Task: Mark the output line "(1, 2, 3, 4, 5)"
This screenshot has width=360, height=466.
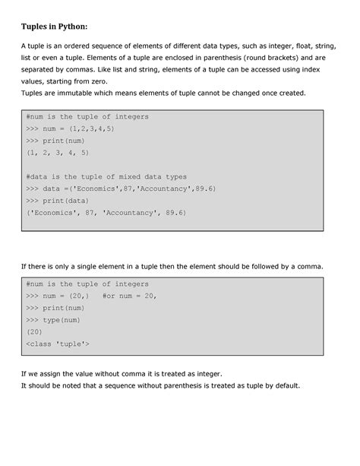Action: click(57, 151)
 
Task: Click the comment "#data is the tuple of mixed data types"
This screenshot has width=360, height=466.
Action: click(106, 176)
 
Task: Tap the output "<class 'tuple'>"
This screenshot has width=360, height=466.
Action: click(57, 344)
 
